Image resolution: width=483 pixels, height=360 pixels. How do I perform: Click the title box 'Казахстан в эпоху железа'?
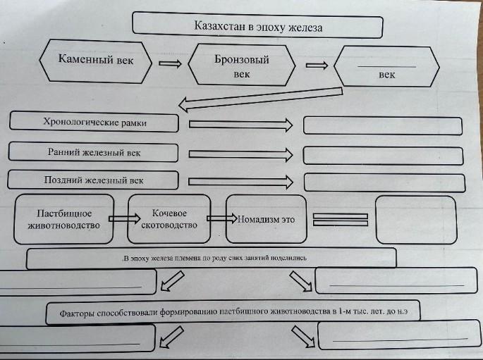[x=257, y=27]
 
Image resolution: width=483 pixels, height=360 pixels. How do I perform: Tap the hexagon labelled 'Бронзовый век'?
[x=242, y=66]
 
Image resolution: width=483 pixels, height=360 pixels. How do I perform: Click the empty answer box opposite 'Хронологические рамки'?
[x=384, y=125]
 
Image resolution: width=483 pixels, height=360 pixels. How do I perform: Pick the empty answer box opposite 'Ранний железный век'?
[x=384, y=155]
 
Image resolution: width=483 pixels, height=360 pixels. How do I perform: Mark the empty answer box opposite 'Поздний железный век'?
[x=384, y=182]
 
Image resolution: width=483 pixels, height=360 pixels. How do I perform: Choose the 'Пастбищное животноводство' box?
[x=64, y=218]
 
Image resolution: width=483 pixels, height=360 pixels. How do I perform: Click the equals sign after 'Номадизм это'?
[x=341, y=219]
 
